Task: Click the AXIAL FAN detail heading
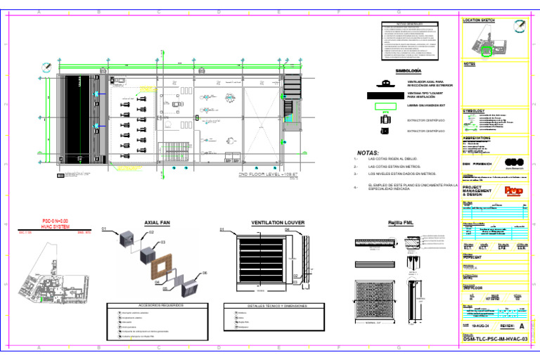(157, 222)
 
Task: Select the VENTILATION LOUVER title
(278, 222)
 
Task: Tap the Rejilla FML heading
(401, 223)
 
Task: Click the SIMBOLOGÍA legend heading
(409, 72)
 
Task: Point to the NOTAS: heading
(368, 152)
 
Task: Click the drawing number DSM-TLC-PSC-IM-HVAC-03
(495, 340)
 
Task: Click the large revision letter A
(521, 327)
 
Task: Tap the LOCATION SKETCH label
(482, 20)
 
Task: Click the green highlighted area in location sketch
(486, 49)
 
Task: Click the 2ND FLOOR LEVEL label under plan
(264, 172)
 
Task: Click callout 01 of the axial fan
(104, 229)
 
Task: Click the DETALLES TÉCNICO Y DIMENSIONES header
(268, 306)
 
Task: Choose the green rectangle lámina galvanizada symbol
(385, 107)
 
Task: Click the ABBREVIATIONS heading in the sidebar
(482, 138)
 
